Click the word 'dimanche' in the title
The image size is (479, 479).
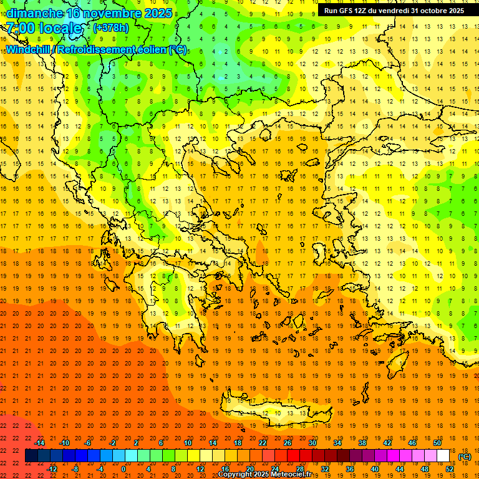[x=31, y=13]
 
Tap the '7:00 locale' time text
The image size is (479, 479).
[x=44, y=29]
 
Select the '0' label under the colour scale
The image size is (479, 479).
[x=123, y=469]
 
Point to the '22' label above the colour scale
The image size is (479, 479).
[x=263, y=443]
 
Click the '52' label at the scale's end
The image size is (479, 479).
[x=450, y=469]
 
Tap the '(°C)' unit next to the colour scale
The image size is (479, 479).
[x=465, y=457]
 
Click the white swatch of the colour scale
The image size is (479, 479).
[x=443, y=456]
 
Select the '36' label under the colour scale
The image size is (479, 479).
[x=349, y=469]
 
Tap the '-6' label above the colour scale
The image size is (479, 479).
[x=89, y=443]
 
